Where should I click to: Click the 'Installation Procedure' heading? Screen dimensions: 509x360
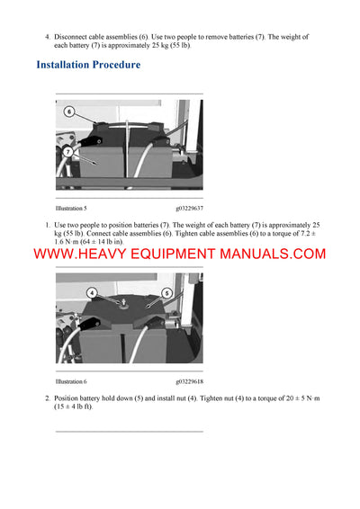coord(88,65)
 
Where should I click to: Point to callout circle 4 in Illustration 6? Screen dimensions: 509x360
coord(92,293)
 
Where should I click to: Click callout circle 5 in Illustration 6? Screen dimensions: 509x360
coord(166,293)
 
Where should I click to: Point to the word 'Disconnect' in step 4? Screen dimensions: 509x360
coord(73,37)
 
